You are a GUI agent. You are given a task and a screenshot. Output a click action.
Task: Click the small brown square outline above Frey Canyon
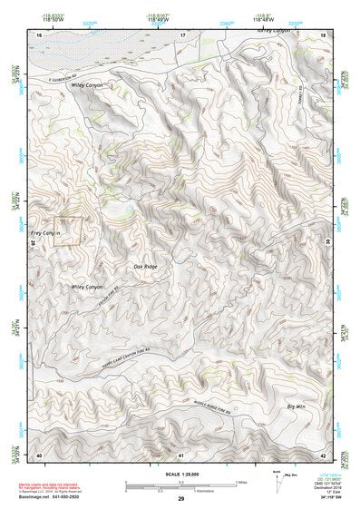tap(69, 230)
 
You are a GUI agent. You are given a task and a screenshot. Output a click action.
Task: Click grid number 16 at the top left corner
tap(38, 34)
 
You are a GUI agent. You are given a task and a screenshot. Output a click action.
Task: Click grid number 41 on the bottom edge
tap(181, 453)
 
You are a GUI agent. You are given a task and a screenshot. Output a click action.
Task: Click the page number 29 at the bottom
tap(180, 499)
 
